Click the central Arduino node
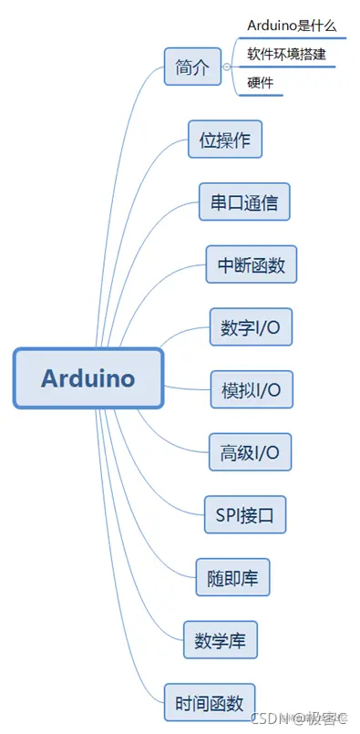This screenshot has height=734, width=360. coord(88,377)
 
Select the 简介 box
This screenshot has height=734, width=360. coord(192,67)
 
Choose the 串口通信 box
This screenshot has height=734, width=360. coord(244,202)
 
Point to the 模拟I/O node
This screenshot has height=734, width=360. coord(251,389)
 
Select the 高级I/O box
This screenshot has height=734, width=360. coord(250,451)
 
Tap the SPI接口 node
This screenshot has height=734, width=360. coord(245,513)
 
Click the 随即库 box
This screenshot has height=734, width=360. coord(232,576)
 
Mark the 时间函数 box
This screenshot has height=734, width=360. coord(209,702)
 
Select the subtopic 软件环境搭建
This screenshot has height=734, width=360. coord(285,54)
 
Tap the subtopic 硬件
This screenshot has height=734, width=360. coord(260,83)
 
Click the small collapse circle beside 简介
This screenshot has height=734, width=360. coord(226,67)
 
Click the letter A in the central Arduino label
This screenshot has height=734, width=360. coord(51,377)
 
